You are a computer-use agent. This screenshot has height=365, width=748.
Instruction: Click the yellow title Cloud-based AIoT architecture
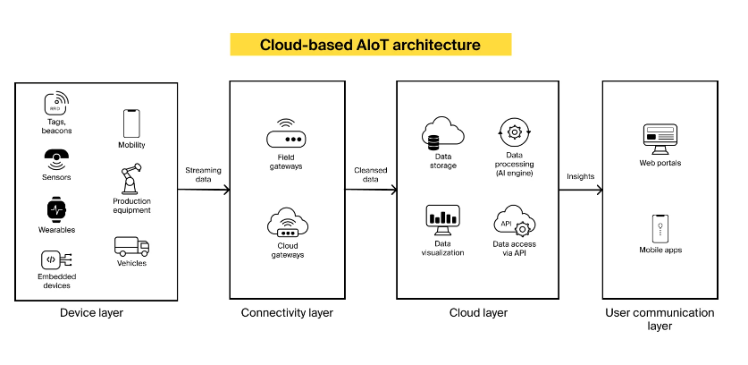(370, 45)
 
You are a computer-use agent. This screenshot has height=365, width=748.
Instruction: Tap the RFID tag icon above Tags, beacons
(56, 104)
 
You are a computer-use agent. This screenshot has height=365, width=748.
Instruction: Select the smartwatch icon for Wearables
(57, 209)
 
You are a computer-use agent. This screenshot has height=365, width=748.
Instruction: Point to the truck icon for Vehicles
(131, 247)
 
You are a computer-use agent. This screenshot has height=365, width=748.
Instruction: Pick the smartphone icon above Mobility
(131, 123)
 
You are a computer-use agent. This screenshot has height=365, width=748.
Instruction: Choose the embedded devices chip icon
(56, 259)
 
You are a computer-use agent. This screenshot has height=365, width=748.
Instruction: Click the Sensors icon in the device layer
(57, 160)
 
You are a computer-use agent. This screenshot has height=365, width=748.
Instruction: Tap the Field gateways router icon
(286, 135)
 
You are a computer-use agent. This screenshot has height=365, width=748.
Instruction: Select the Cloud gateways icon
(287, 222)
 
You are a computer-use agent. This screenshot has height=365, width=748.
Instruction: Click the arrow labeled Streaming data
(204, 190)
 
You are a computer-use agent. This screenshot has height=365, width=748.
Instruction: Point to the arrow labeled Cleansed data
(371, 190)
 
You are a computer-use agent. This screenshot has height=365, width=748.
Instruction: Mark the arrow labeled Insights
(581, 190)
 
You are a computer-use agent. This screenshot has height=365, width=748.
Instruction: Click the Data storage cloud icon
(442, 132)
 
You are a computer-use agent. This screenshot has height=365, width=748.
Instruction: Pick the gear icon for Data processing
(514, 132)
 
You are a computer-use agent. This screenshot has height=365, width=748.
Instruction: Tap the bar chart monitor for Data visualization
(442, 220)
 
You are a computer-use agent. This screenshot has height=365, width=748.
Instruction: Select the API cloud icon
(514, 221)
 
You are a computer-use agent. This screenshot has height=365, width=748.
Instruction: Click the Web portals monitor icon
(660, 139)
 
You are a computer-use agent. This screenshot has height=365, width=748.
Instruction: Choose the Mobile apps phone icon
(660, 229)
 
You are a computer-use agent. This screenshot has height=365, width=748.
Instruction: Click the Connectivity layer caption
(287, 313)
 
